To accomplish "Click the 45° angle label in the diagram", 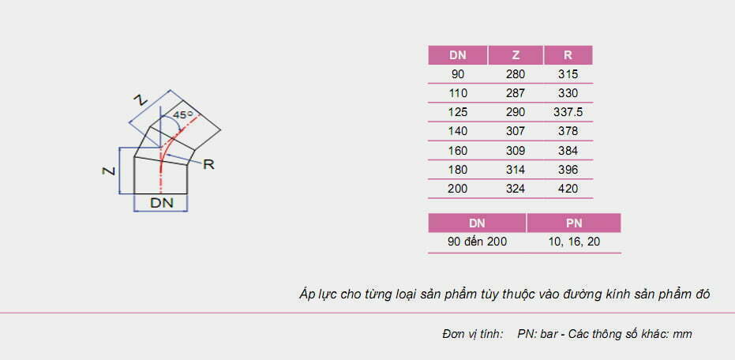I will pyautogui.click(x=183, y=114).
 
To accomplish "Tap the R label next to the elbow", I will pyautogui.click(x=209, y=164).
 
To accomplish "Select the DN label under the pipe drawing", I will pyautogui.click(x=161, y=203).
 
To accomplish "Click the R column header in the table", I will pyautogui.click(x=568, y=55).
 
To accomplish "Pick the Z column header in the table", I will pyautogui.click(x=516, y=55).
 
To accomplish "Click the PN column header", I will pyautogui.click(x=573, y=223).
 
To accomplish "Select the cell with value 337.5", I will pyautogui.click(x=568, y=112).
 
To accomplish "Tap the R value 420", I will pyautogui.click(x=568, y=189).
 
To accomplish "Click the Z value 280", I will pyautogui.click(x=516, y=74).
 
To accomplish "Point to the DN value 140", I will pyautogui.click(x=458, y=131).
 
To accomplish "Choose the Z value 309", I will pyautogui.click(x=516, y=150).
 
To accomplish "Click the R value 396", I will pyautogui.click(x=568, y=170).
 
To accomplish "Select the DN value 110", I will pyautogui.click(x=458, y=93).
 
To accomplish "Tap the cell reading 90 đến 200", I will pyautogui.click(x=477, y=242).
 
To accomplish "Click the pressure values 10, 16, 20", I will pyautogui.click(x=573, y=242).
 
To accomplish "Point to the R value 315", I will pyautogui.click(x=568, y=74).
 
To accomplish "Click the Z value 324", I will pyautogui.click(x=516, y=189).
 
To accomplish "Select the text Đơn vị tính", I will pyautogui.click(x=472, y=334).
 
